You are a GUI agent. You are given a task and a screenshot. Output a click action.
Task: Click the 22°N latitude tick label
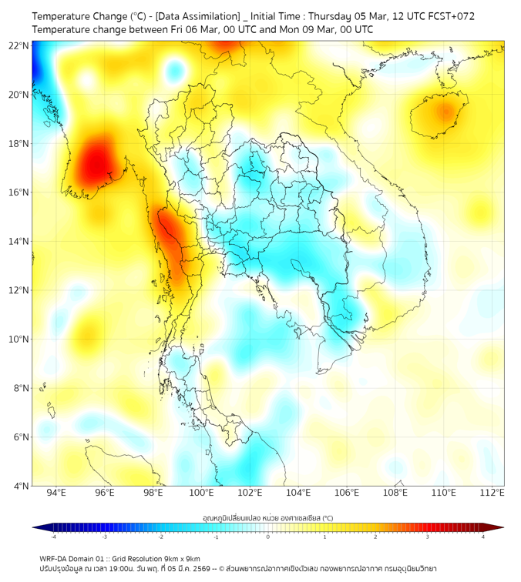click(18, 45)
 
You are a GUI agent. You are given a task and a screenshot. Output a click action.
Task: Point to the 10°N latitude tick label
click(18, 339)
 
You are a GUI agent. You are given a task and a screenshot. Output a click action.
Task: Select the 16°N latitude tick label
click(18, 192)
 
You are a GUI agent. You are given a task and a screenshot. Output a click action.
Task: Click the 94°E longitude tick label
click(56, 493)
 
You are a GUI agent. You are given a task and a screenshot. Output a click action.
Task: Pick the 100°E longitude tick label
click(201, 493)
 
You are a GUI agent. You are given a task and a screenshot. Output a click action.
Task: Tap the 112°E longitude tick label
click(491, 493)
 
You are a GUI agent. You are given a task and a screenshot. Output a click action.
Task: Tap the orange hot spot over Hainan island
click(442, 112)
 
